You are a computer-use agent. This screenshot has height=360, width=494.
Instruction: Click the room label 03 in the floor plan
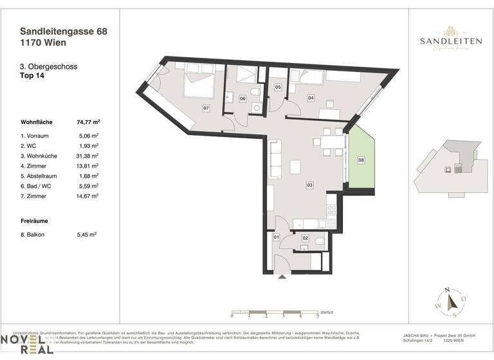(x=309, y=185)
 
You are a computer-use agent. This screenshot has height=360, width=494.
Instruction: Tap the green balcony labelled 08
(x=361, y=159)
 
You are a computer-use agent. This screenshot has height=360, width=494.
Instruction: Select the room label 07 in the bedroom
(x=206, y=107)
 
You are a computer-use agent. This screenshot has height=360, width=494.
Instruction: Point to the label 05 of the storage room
(x=278, y=87)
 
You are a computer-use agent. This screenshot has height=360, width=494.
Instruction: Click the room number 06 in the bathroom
(x=242, y=98)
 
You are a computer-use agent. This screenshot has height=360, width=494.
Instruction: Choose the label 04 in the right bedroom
(x=311, y=98)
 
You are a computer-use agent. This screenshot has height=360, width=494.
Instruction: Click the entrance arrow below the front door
(x=281, y=277)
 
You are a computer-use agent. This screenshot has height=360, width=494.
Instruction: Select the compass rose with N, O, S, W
(x=453, y=301)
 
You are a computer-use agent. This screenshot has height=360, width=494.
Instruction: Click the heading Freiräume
(x=35, y=221)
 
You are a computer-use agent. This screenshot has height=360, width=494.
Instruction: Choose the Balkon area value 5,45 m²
(x=87, y=235)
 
